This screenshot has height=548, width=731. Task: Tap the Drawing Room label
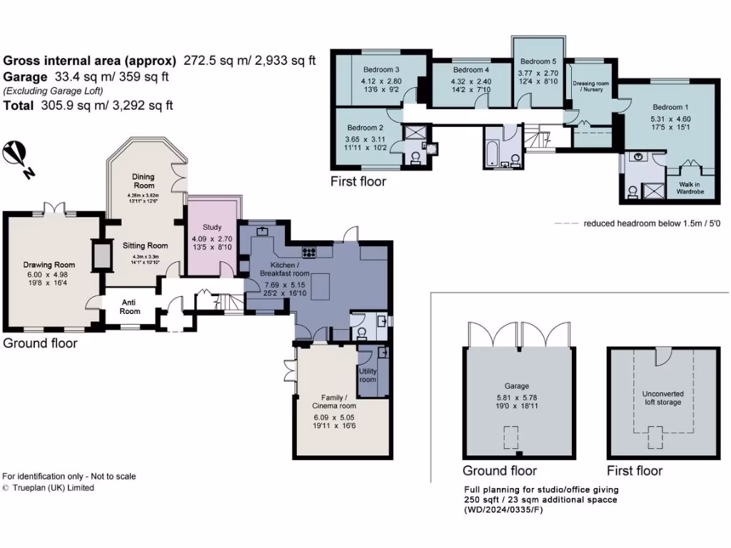point(49,265)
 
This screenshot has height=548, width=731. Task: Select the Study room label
point(212,228)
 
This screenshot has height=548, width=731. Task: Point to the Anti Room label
point(130,306)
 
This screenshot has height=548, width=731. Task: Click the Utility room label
point(368,375)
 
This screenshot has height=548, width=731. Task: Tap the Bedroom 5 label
point(538,62)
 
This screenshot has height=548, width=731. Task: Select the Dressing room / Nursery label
point(592,87)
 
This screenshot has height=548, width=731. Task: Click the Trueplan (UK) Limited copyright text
point(54,488)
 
